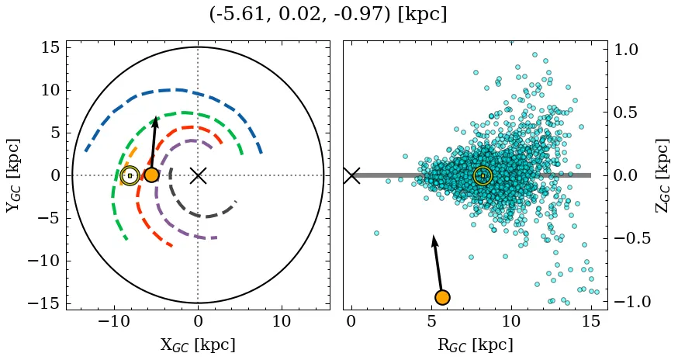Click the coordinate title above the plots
pyautogui.click(x=327, y=14)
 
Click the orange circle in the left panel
pyautogui.click(x=151, y=175)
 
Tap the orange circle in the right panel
pyautogui.click(x=442, y=297)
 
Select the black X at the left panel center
pyautogui.click(x=198, y=175)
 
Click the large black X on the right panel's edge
pyautogui.click(x=351, y=175)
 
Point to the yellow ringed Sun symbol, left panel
pyautogui.click(x=130, y=175)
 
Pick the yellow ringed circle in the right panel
pyautogui.click(x=483, y=176)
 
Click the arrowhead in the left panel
pyautogui.click(x=156, y=122)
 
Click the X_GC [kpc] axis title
pyautogui.click(x=197, y=344)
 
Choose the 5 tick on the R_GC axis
pyautogui.click(x=431, y=321)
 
